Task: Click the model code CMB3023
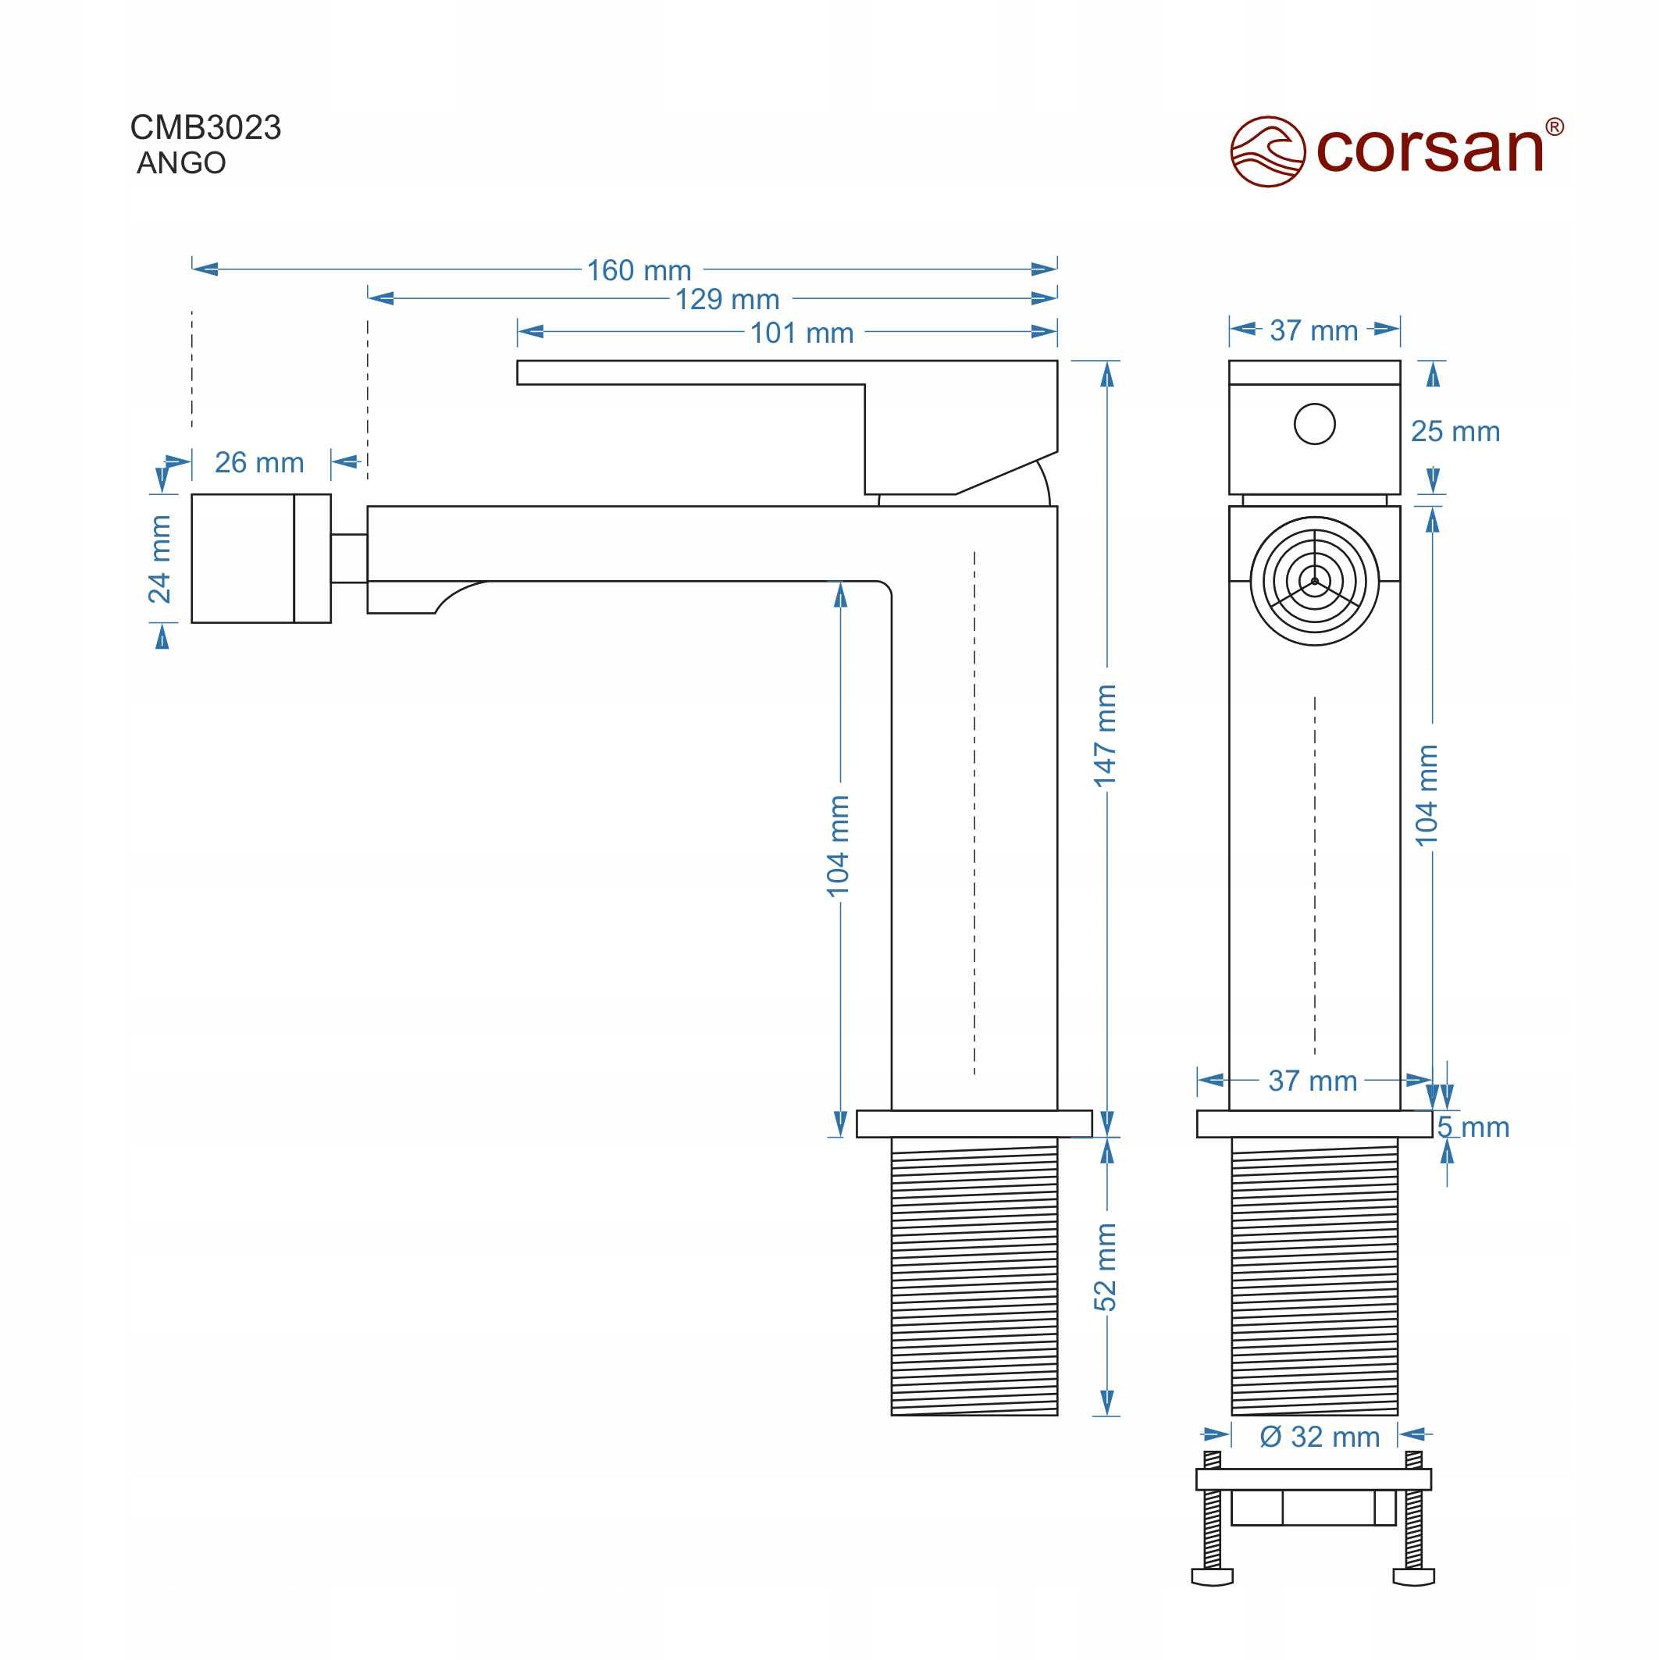(x=205, y=128)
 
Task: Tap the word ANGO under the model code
(x=181, y=163)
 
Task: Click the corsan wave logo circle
(x=1267, y=152)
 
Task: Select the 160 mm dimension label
(x=639, y=271)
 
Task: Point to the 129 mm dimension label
(x=727, y=300)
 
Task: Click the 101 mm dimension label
(x=802, y=333)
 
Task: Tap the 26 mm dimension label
(x=258, y=463)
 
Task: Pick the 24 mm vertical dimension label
(x=161, y=559)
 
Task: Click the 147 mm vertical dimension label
(x=1105, y=736)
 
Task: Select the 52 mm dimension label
(x=1105, y=1267)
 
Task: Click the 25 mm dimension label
(x=1455, y=431)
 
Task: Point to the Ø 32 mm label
(x=1319, y=1437)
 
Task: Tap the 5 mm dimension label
(x=1473, y=1127)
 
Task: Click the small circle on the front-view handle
(x=1314, y=424)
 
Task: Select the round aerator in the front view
(x=1314, y=581)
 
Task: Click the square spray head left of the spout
(x=260, y=558)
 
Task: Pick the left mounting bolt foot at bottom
(x=1212, y=1577)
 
